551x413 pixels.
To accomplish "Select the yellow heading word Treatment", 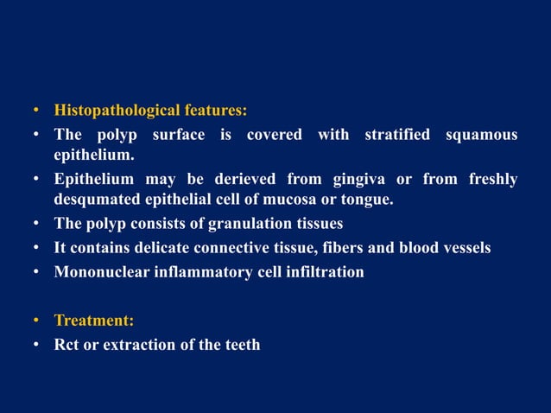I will pyautogui.click(x=93, y=321).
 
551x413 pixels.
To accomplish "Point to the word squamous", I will pyautogui.click(x=482, y=135).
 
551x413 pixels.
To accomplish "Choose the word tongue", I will pyautogui.click(x=367, y=200).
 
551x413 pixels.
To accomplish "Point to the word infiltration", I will pyautogui.click(x=323, y=271).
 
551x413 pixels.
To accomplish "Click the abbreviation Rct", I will pyautogui.click(x=67, y=345).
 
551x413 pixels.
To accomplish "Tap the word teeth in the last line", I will pyautogui.click(x=241, y=345).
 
